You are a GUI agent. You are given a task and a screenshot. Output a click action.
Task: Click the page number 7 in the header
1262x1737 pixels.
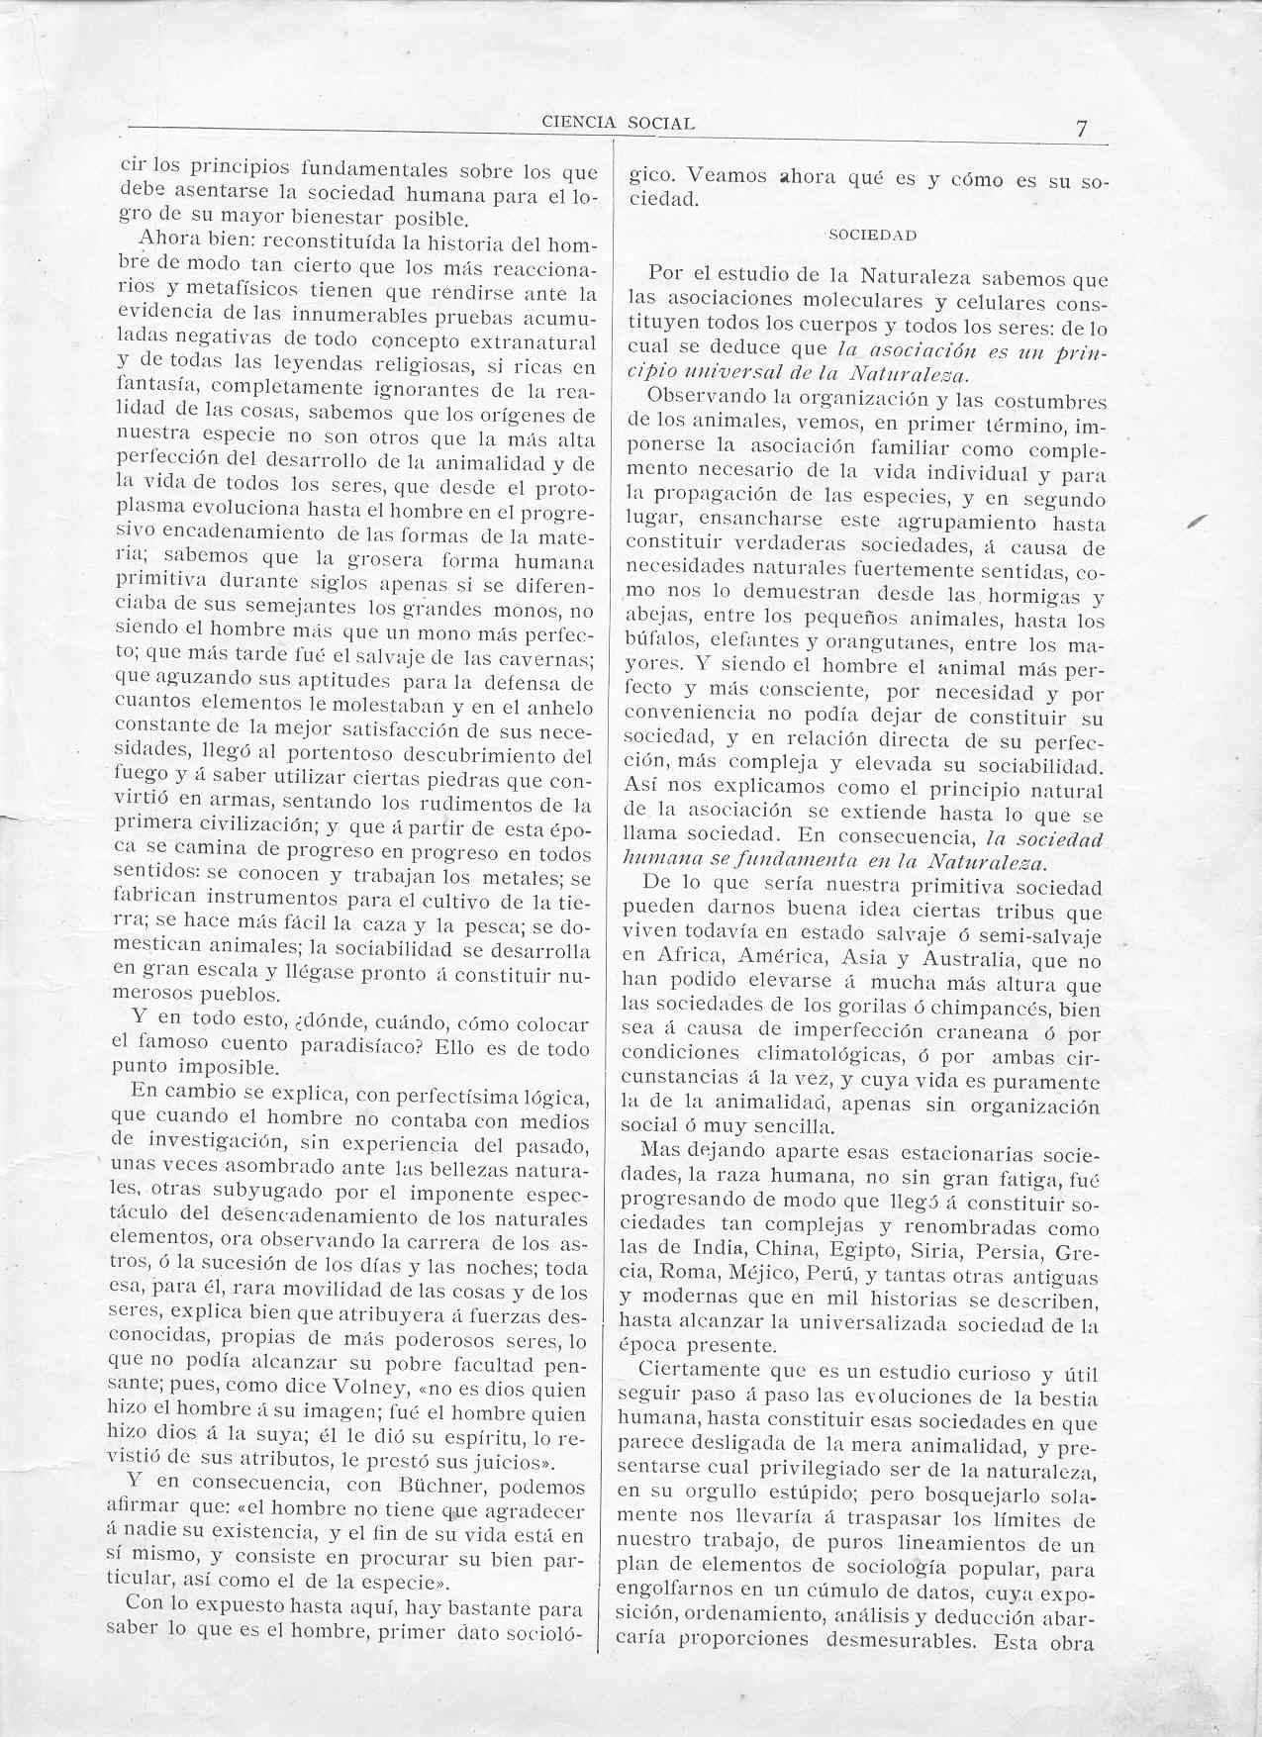pyautogui.click(x=1083, y=128)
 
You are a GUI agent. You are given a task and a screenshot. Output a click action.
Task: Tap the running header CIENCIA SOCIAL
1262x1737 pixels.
pyautogui.click(x=619, y=123)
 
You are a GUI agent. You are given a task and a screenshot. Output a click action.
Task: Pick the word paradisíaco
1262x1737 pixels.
pyautogui.click(x=385, y=1045)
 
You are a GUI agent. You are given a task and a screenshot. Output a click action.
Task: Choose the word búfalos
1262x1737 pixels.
pyautogui.click(x=657, y=643)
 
